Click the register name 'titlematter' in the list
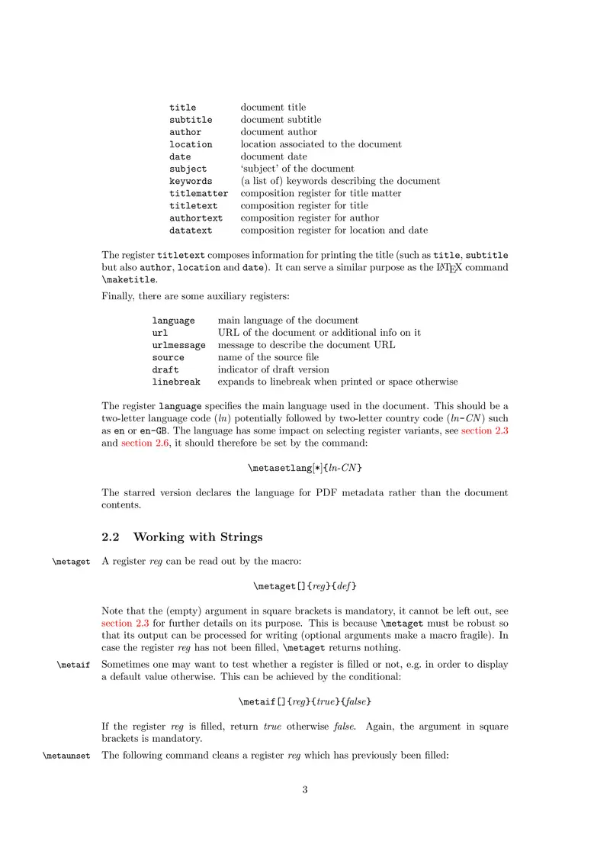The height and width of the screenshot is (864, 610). pos(198,194)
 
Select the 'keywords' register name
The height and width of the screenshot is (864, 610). pos(191,182)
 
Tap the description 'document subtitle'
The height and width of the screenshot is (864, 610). pos(281,120)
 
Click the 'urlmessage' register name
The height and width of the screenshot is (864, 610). pos(178,345)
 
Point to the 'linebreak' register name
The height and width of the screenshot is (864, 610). pos(176,382)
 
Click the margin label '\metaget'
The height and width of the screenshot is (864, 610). pos(71,562)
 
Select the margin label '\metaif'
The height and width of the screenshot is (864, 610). pos(73,665)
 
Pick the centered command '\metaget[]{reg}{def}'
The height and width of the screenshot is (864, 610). pos(305,586)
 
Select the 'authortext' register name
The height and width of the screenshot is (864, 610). pos(196,218)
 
